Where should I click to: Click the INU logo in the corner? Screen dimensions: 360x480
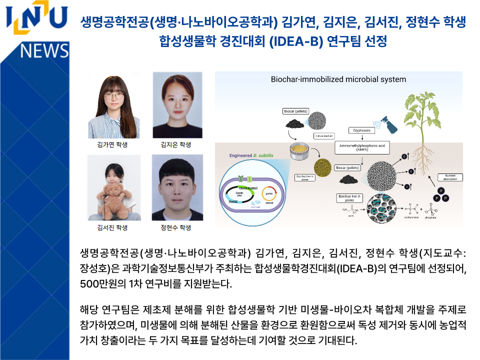click(x=36, y=20)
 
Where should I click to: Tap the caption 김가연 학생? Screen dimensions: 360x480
click(x=112, y=145)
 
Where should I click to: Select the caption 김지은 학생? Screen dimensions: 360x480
click(x=176, y=145)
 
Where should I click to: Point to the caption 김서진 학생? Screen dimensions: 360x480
click(x=112, y=227)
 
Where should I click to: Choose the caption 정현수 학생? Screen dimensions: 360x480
click(x=176, y=227)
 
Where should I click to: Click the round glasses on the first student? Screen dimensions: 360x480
click(x=113, y=94)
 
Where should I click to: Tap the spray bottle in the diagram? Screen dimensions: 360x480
click(x=385, y=120)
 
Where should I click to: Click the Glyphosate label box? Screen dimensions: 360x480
click(x=361, y=130)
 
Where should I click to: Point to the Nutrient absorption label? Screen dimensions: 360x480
click(x=450, y=177)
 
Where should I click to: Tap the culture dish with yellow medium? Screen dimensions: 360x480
click(x=299, y=149)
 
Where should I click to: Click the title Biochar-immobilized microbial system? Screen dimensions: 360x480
click(x=338, y=79)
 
